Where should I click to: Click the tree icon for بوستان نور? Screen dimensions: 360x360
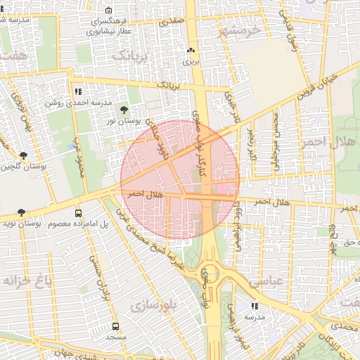(x=124, y=110)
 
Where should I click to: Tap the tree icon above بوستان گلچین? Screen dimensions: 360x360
(x=24, y=155)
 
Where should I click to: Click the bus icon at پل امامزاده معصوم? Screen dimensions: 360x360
(x=78, y=212)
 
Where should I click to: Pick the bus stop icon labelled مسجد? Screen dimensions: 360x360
(x=115, y=327)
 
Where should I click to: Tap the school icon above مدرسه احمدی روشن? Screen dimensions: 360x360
(x=77, y=91)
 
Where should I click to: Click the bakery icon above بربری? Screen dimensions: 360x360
(x=191, y=51)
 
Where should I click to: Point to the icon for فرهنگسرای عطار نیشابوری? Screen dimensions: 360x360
(x=108, y=11)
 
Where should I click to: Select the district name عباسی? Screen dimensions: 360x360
(x=264, y=281)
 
